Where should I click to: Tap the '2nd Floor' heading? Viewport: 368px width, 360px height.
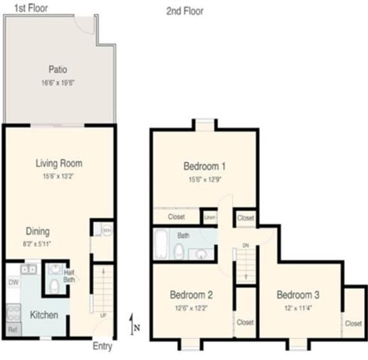pyautogui.click(x=185, y=11)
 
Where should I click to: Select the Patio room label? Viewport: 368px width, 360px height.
pyautogui.click(x=58, y=70)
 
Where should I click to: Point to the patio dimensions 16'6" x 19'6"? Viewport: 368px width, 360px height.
pyautogui.click(x=58, y=82)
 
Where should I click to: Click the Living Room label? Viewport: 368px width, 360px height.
pyautogui.click(x=59, y=164)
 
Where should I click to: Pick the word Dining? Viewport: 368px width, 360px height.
pyautogui.click(x=38, y=231)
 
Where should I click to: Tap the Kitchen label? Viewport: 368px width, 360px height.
pyautogui.click(x=44, y=315)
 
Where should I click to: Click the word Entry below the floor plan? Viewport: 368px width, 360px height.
pyautogui.click(x=102, y=347)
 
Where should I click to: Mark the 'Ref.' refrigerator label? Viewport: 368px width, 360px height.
pyautogui.click(x=12, y=330)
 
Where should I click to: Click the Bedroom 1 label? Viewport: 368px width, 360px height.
pyautogui.click(x=204, y=167)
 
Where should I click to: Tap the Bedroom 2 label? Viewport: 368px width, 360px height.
pyautogui.click(x=191, y=295)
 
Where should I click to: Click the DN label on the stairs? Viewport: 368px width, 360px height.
pyautogui.click(x=245, y=246)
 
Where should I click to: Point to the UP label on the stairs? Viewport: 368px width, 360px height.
pyautogui.click(x=103, y=315)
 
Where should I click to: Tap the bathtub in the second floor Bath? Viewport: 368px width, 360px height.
pyautogui.click(x=160, y=244)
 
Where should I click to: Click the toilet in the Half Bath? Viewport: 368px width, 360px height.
pyautogui.click(x=55, y=285)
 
